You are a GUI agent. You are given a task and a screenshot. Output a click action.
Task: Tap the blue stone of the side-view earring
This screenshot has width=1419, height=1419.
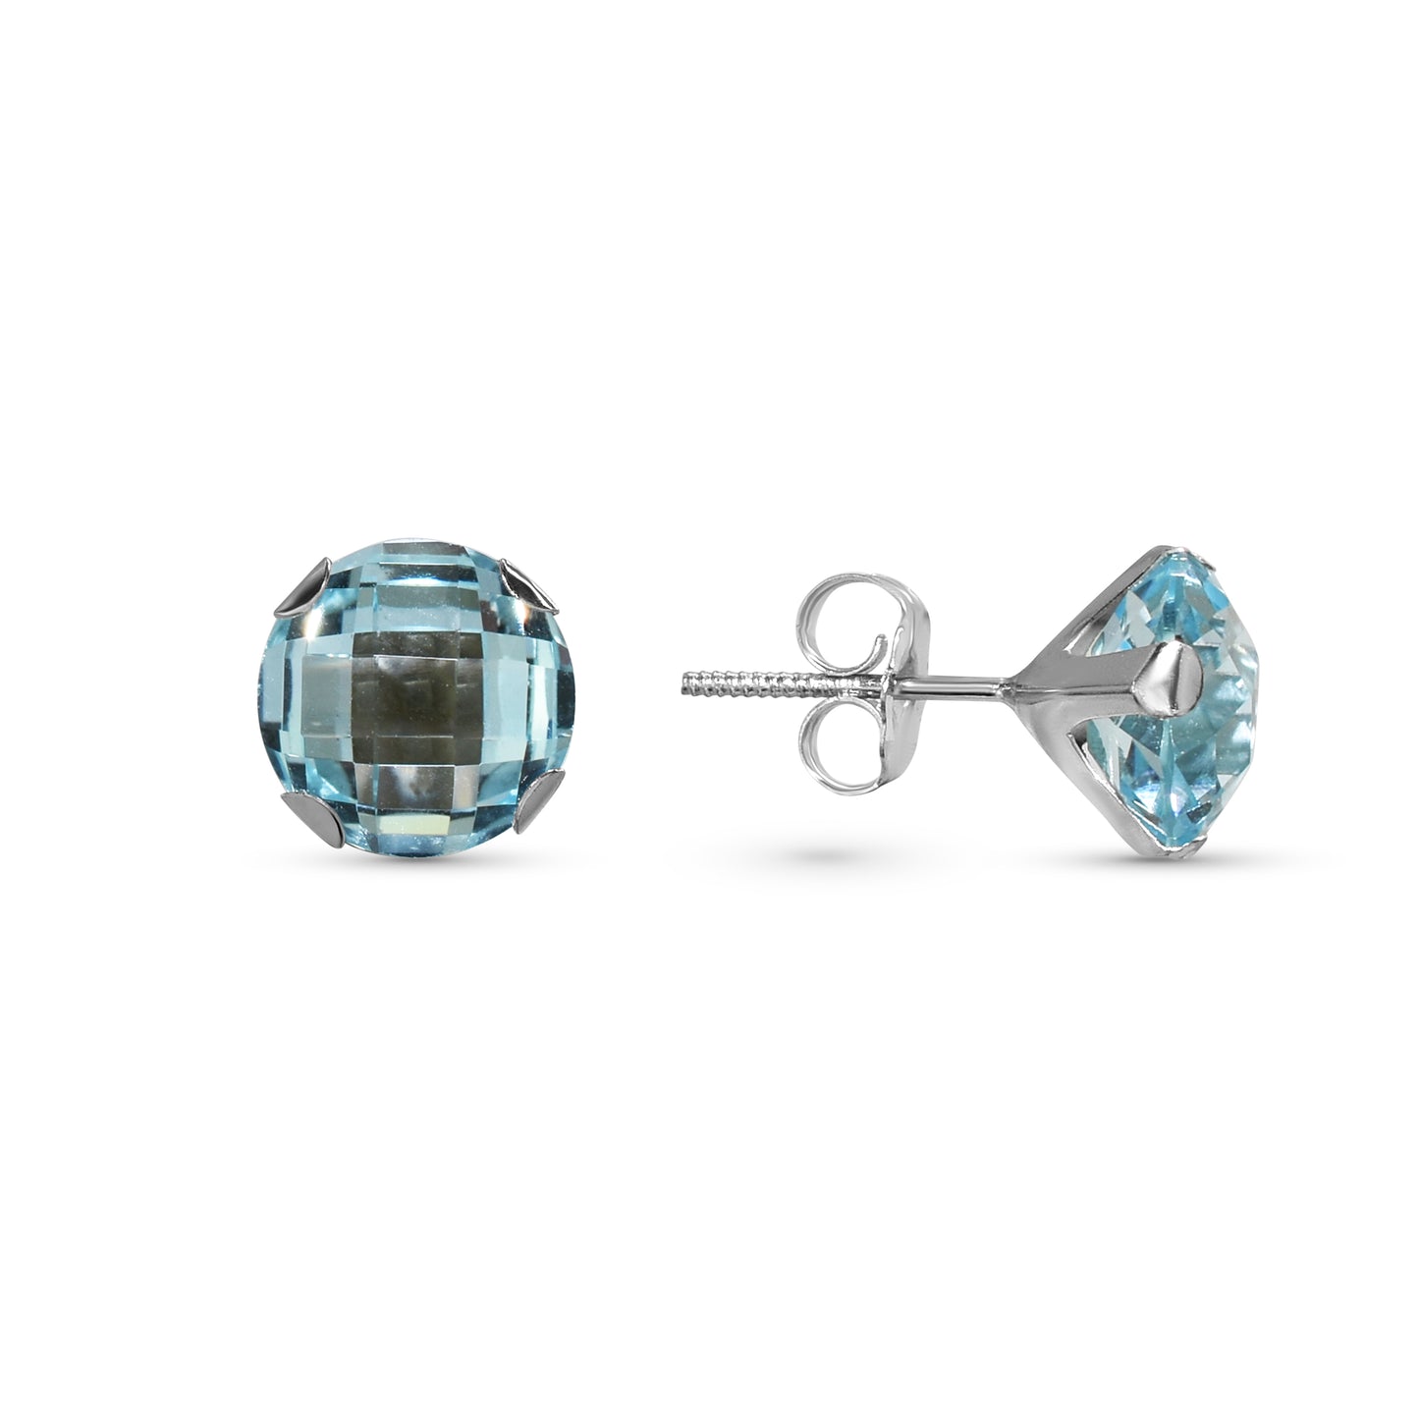coord(1218,687)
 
